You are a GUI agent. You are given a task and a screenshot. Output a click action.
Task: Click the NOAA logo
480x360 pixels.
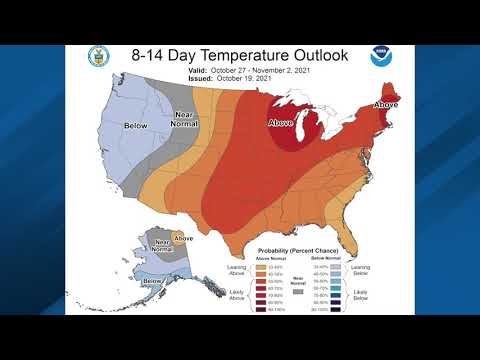pyautogui.click(x=381, y=56)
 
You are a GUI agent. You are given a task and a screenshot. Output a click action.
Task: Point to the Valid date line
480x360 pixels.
pyautogui.click(x=240, y=72)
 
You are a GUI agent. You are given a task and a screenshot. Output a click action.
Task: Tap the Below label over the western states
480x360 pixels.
pyautogui.click(x=135, y=126)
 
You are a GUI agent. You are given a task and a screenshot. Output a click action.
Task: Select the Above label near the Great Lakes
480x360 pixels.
pyautogui.click(x=281, y=123)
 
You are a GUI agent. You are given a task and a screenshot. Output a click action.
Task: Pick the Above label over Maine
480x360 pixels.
pyautogui.click(x=385, y=105)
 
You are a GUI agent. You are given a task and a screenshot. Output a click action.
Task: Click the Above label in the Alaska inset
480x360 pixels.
pyautogui.click(x=183, y=238)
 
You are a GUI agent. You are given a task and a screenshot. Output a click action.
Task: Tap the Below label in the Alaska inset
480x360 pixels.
pyautogui.click(x=152, y=282)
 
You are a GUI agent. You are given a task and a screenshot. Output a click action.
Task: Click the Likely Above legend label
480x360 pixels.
pyautogui.click(x=238, y=296)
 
